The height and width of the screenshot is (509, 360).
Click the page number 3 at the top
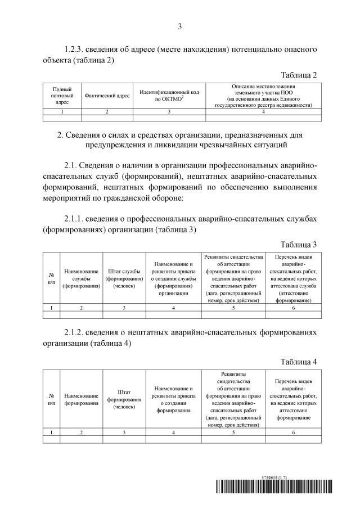pyautogui.click(x=179, y=26)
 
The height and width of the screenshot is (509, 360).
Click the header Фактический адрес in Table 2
pyautogui.click(x=107, y=96)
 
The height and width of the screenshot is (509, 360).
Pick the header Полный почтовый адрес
pyautogui.click(x=62, y=96)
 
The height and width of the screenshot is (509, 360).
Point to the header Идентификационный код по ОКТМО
pyautogui.click(x=169, y=96)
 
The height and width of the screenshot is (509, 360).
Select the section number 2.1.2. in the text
pyautogui.click(x=77, y=332)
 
